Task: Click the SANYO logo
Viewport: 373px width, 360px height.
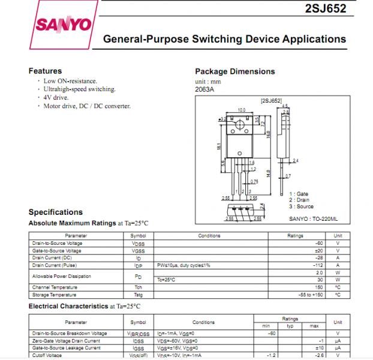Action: [x=64, y=25]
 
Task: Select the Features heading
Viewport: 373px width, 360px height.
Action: [x=45, y=71]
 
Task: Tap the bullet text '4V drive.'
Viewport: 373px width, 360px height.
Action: [x=56, y=97]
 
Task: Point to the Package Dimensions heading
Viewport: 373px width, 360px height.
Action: [x=234, y=71]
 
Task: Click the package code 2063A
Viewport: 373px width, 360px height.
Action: [x=204, y=89]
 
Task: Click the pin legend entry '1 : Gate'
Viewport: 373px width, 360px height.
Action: [x=299, y=194]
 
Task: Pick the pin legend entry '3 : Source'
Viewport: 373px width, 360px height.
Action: [x=301, y=206]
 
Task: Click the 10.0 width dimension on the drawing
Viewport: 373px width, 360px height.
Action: [x=242, y=110]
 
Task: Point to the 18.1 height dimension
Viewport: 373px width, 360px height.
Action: [x=219, y=146]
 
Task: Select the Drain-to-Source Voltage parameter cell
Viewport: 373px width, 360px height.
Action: [x=58, y=244]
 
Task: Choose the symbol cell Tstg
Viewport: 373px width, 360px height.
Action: [x=138, y=295]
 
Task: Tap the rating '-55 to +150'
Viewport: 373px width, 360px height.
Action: [x=310, y=295]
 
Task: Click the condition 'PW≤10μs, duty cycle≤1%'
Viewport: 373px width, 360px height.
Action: [x=184, y=265]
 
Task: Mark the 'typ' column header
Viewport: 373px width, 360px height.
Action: [x=290, y=326]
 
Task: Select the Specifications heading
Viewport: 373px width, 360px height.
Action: [x=56, y=212]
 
